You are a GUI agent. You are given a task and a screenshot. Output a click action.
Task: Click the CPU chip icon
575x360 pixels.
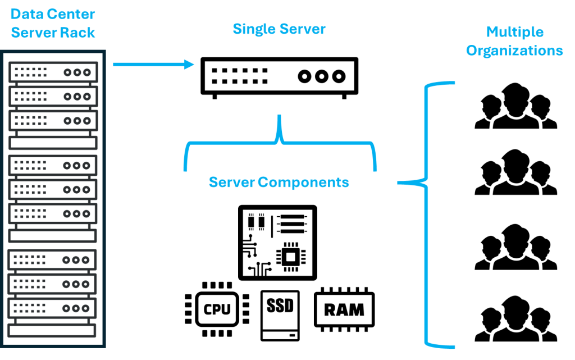[217, 309]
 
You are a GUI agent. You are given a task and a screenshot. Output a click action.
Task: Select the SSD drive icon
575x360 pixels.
[280, 316]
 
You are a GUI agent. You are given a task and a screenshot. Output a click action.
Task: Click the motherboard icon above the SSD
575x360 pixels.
[277, 243]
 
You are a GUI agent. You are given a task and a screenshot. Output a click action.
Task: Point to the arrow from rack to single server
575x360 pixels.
[153, 65]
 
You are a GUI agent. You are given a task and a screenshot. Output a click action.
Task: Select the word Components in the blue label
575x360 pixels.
[303, 182]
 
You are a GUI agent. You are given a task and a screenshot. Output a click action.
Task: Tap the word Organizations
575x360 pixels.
[514, 51]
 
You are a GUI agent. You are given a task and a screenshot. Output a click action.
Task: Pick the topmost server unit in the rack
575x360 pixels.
[53, 72]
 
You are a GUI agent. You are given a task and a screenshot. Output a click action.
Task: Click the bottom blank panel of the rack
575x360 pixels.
[52, 331]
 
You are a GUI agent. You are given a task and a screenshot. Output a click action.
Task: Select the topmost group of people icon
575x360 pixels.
[515, 106]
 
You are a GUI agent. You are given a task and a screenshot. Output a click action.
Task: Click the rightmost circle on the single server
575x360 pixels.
[339, 76]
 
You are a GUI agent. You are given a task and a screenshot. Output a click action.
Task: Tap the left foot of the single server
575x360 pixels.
[215, 97]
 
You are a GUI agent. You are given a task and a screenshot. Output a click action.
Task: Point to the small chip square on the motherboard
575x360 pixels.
[291, 257]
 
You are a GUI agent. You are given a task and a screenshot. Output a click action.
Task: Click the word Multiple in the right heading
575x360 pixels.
[515, 32]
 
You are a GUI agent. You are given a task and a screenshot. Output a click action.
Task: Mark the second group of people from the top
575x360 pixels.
[515, 172]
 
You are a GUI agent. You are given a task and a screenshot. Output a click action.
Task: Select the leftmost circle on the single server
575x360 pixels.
[304, 76]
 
